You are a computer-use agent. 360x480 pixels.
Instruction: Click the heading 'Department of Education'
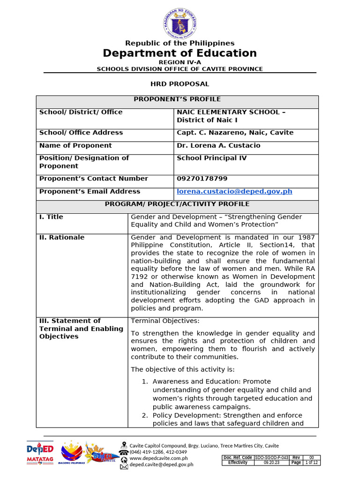pyautogui.click(x=180, y=53)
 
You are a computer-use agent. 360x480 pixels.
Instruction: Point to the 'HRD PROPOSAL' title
pyautogui.click(x=180, y=84)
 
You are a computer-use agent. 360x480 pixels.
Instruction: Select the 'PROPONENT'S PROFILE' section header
pyautogui.click(x=177, y=99)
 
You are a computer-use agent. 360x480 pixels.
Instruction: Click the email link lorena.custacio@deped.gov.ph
pyautogui.click(x=241, y=191)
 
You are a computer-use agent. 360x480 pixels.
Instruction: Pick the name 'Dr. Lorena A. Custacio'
pyautogui.click(x=218, y=145)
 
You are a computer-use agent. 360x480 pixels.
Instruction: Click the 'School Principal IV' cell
pyautogui.click(x=211, y=158)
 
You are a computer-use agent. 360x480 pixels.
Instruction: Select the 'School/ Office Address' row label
pyautogui.click(x=81, y=133)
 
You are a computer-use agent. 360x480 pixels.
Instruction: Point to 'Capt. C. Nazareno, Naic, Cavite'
pyautogui.click(x=235, y=133)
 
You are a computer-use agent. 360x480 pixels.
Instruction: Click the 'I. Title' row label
pyautogui.click(x=51, y=217)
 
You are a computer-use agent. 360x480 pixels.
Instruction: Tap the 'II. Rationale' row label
pyautogui.click(x=62, y=238)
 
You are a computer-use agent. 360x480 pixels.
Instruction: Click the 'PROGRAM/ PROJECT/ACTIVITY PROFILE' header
pyautogui.click(x=177, y=204)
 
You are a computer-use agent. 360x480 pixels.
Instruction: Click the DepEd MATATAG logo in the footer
pyautogui.click(x=40, y=452)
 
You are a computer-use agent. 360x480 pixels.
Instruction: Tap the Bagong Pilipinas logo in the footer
pyautogui.click(x=71, y=452)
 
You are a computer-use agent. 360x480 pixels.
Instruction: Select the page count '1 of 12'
pyautogui.click(x=311, y=463)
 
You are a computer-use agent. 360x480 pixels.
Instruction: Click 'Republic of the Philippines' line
pyautogui.click(x=180, y=44)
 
